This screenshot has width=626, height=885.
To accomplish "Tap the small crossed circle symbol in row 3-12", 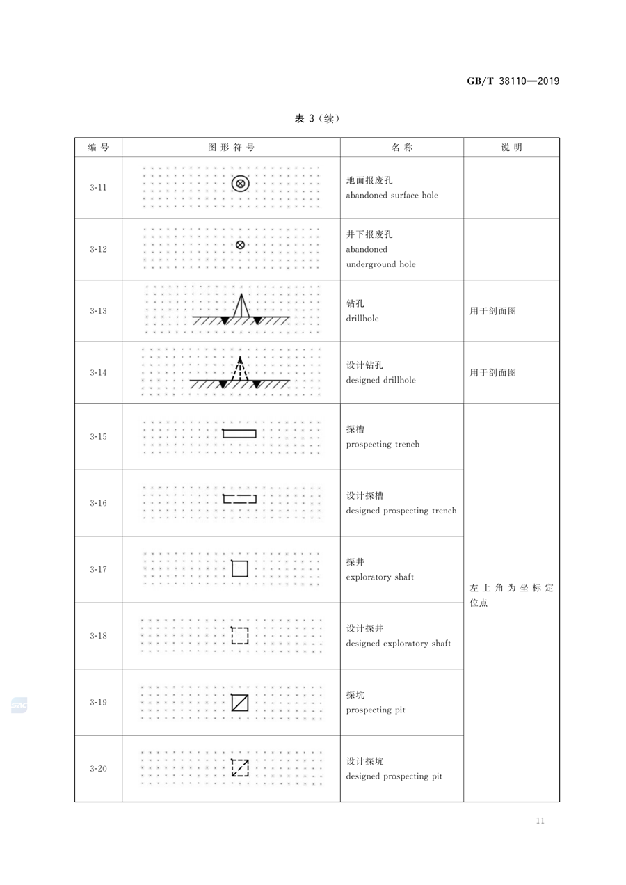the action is [x=240, y=245].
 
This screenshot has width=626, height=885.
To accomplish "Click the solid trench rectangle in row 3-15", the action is [x=239, y=430].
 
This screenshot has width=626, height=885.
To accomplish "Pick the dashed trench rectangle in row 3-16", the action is [x=239, y=495].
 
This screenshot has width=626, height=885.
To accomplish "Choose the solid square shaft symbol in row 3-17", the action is [x=240, y=561].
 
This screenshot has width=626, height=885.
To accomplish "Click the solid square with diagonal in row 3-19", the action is [x=240, y=702].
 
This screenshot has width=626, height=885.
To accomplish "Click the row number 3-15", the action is [x=98, y=436].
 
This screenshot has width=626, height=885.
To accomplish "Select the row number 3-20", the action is [x=98, y=768].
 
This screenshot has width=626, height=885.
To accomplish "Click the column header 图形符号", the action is [x=231, y=147].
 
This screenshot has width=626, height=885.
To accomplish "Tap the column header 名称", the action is [x=402, y=147].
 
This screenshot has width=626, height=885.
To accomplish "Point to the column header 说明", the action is [x=511, y=147].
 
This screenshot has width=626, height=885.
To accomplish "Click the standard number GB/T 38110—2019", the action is [x=513, y=81].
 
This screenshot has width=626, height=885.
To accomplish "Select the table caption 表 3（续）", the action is [x=316, y=118].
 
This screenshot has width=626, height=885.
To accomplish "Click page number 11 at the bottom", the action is [x=540, y=820].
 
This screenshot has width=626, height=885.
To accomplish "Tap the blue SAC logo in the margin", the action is [x=19, y=705].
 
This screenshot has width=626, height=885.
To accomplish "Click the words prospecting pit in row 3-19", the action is [x=376, y=710].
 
